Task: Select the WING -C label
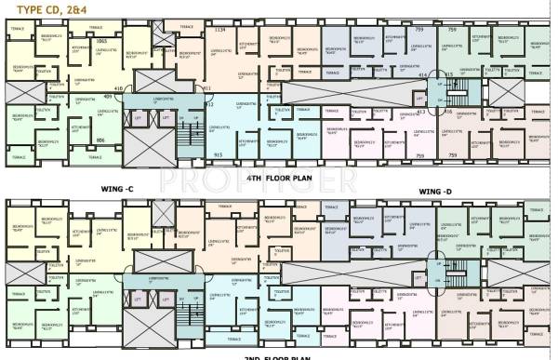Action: (118, 190)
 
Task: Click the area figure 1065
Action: (101, 42)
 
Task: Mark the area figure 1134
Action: (220, 31)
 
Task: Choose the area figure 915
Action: (218, 154)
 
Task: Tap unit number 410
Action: (145, 89)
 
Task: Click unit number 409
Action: (108, 96)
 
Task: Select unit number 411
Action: (206, 88)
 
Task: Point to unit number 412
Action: (209, 105)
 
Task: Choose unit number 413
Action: (420, 112)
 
